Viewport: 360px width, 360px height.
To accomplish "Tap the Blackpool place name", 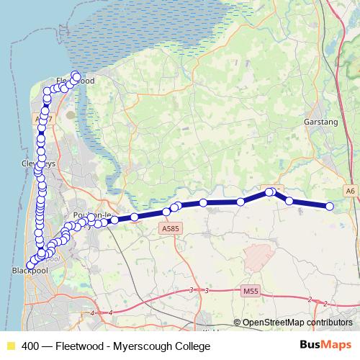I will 29,271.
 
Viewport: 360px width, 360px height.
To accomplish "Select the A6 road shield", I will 350,191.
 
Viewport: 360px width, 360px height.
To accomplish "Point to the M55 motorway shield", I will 250,291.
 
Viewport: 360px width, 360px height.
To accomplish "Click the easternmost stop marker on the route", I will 330,207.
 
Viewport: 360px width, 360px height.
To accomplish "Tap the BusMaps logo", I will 326,345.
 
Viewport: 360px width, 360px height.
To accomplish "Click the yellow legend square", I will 10,346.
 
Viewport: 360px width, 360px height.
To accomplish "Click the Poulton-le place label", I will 90,215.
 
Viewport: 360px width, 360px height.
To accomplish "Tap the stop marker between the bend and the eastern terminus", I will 289,201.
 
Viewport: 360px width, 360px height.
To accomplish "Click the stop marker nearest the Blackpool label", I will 30,265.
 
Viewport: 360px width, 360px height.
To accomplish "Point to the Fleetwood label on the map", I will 76,81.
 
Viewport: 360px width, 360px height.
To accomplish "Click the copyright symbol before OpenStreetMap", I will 238,323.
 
